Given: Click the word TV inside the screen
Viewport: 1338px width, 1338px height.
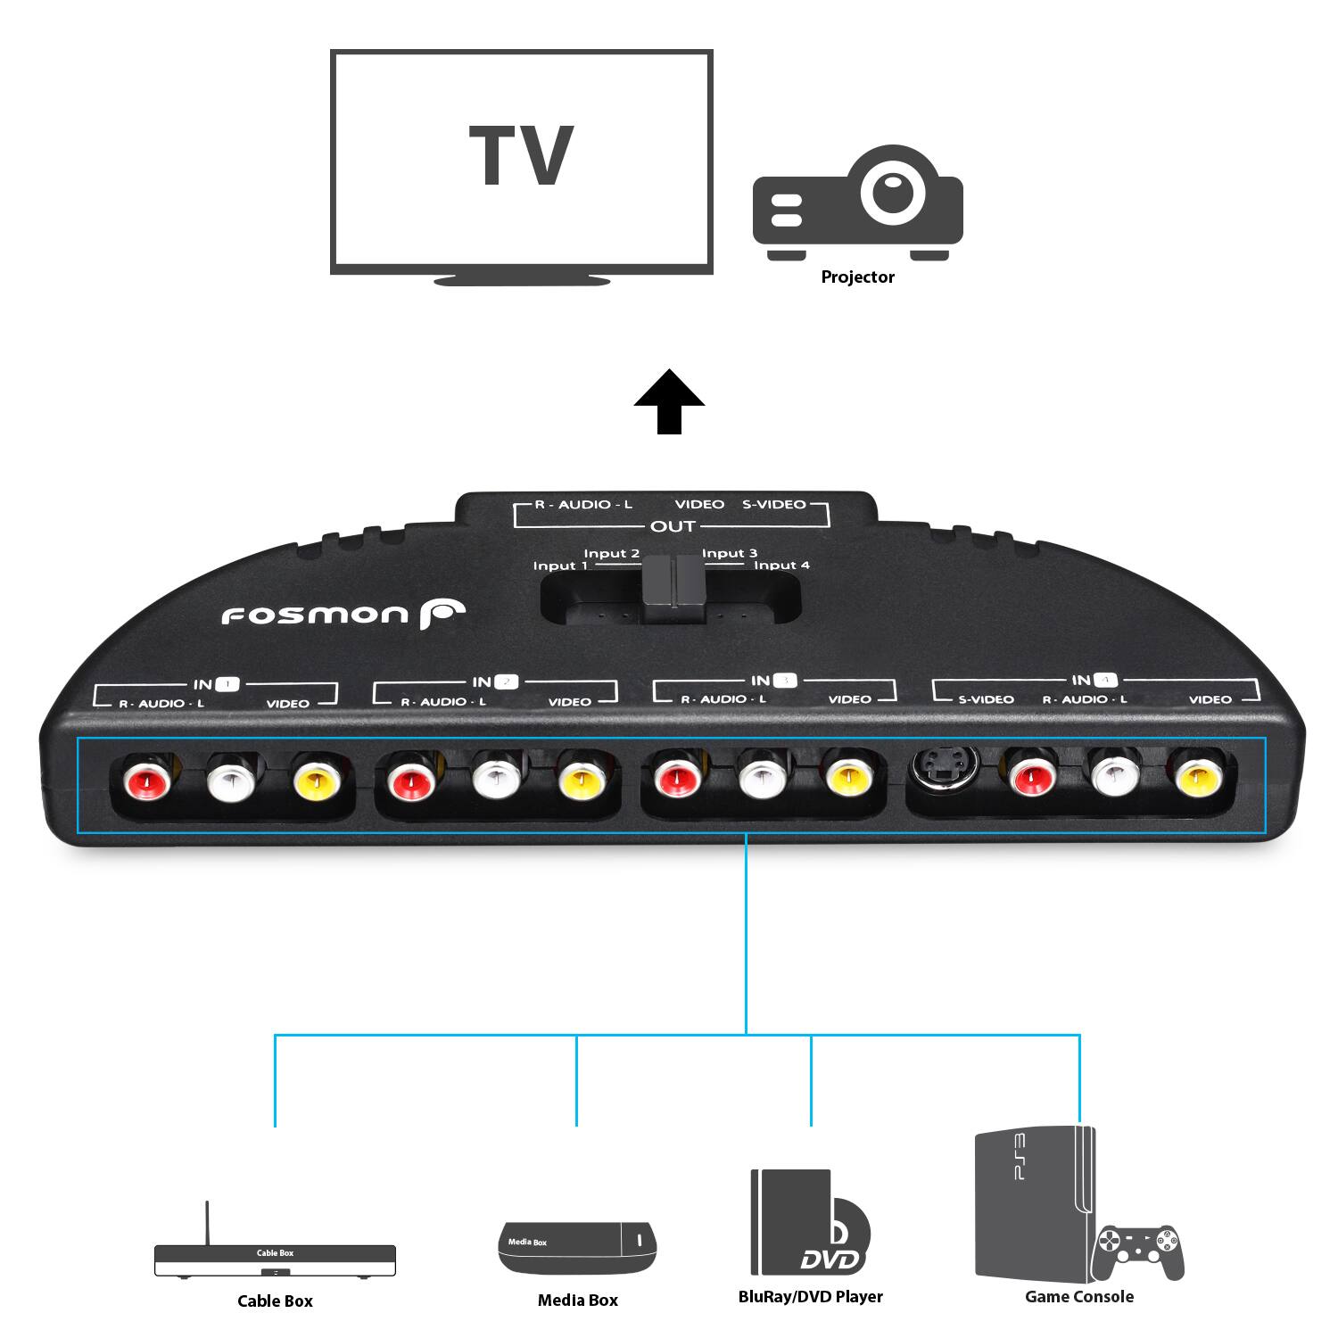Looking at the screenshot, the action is (521, 156).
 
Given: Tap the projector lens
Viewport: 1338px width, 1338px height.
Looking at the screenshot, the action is (892, 191).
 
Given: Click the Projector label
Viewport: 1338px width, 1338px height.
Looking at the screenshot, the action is (857, 277).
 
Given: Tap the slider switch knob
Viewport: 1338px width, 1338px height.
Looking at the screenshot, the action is (673, 589).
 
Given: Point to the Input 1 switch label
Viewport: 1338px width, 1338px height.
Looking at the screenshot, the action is (560, 566).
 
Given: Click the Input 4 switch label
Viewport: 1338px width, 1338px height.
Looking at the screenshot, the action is (781, 566).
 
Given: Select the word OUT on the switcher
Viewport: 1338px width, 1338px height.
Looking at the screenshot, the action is (673, 526).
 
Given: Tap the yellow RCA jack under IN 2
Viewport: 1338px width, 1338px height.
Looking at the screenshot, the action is (581, 782).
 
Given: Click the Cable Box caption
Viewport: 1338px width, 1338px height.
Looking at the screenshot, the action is (275, 1301).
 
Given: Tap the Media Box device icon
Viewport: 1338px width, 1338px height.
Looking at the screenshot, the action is (578, 1247).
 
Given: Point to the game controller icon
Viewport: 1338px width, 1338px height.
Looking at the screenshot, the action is (1139, 1251).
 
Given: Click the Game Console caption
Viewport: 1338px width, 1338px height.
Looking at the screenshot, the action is (1078, 1297).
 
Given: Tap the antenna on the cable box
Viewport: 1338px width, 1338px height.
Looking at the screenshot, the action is (207, 1222).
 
